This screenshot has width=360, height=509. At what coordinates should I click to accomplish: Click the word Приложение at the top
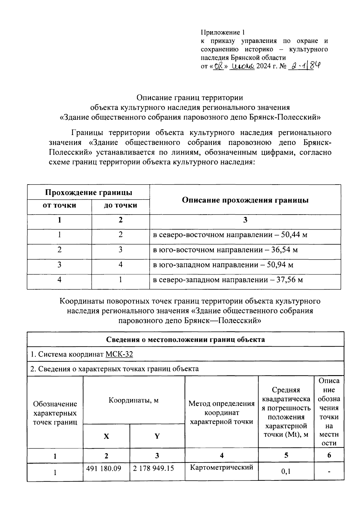click(220, 32)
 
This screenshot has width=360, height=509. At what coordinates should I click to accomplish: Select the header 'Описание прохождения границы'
click(245, 200)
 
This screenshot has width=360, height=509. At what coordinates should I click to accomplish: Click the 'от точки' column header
click(59, 205)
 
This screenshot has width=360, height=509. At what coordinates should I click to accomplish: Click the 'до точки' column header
click(120, 205)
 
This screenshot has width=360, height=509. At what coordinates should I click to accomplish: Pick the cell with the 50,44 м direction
click(230, 235)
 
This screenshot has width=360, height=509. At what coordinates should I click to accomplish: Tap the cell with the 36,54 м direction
click(225, 250)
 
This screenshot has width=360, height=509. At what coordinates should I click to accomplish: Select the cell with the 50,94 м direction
click(223, 265)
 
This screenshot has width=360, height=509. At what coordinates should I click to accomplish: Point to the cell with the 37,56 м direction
click(228, 280)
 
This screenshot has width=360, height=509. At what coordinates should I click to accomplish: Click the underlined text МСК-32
click(119, 354)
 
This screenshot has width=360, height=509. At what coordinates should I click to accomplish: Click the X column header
click(106, 436)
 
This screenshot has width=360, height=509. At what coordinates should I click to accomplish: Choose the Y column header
click(157, 436)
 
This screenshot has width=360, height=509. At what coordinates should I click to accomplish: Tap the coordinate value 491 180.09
click(103, 468)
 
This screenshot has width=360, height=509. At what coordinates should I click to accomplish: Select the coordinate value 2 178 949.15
click(153, 468)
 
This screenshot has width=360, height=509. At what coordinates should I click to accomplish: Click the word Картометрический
click(222, 467)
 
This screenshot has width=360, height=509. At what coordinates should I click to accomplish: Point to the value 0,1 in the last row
click(286, 472)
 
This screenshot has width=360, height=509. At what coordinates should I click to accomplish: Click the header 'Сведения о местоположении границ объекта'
click(185, 339)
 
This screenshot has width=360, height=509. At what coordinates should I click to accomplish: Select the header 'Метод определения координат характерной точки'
click(221, 412)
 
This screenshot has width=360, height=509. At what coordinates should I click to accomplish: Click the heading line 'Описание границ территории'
click(190, 98)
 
